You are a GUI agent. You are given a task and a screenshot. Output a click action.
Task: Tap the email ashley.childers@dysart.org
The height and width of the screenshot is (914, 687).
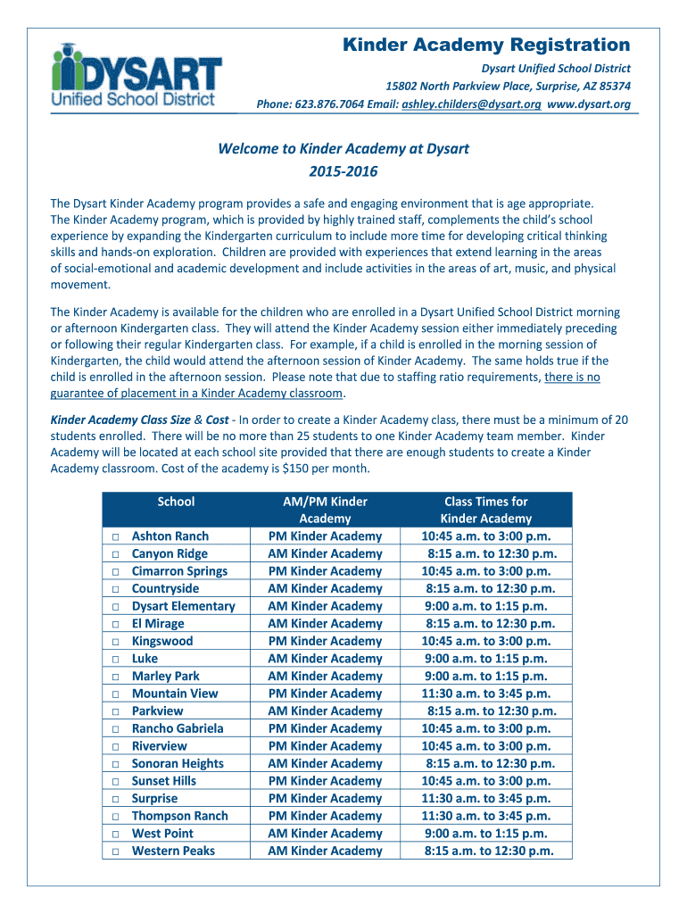471,104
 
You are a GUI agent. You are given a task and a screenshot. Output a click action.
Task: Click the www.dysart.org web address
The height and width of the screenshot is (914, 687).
589,104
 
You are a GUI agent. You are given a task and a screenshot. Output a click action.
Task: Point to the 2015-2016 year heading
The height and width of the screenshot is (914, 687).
343,170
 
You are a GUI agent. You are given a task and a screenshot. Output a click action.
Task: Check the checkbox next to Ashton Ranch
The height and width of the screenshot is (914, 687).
115,536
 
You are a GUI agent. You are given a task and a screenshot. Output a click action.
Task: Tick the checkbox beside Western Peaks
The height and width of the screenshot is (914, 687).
115,851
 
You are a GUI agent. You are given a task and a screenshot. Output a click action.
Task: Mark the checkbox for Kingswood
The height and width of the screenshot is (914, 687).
115,641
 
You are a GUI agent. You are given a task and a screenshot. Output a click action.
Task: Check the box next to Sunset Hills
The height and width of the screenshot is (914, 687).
115,781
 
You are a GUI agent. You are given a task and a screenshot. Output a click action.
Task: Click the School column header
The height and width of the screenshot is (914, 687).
176,502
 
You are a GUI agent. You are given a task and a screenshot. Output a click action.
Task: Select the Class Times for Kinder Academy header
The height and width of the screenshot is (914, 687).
486,510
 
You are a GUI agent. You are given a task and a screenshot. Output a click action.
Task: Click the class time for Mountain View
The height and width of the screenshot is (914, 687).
486,694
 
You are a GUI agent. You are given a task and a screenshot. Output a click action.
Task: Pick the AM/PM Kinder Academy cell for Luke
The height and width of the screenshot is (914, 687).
325,659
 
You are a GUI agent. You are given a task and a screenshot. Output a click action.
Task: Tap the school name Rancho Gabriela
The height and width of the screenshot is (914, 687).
178,728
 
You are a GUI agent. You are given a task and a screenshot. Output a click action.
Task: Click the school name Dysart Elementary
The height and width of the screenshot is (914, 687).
183,606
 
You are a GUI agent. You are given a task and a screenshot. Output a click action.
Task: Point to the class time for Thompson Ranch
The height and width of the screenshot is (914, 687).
486,816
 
